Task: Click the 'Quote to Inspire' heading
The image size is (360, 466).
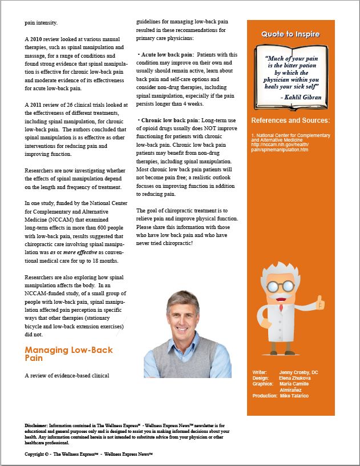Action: (x=290, y=34)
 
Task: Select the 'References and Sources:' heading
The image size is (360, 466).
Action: (x=290, y=120)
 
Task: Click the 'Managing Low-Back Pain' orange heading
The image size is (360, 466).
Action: (x=68, y=353)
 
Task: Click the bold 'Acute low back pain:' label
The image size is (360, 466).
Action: (x=165, y=55)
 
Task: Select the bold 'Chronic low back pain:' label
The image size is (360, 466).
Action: (x=168, y=120)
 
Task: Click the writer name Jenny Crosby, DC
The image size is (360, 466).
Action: (x=298, y=372)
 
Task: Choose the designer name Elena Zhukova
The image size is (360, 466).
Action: (x=296, y=378)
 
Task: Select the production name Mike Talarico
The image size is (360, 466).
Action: (x=294, y=396)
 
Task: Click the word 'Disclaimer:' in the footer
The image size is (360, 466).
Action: (x=37, y=426)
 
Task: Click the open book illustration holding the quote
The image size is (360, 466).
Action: (x=290, y=75)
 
